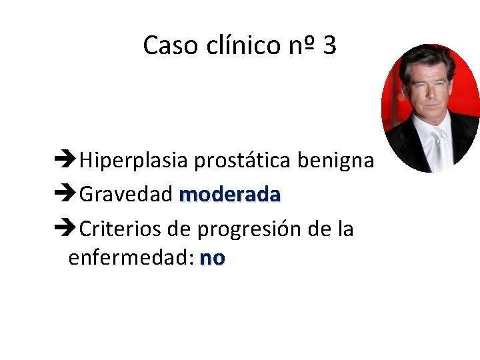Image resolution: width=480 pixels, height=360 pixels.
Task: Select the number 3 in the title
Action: click(329, 45)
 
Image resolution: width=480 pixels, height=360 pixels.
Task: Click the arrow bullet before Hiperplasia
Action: click(65, 160)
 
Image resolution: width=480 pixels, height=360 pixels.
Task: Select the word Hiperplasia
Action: click(134, 161)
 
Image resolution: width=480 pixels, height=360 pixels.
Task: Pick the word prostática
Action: click(243, 161)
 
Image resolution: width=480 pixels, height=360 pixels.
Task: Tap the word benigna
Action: click(335, 161)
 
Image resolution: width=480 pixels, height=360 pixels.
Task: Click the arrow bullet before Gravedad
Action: click(65, 195)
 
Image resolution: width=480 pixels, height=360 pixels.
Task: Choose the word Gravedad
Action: click(127, 195)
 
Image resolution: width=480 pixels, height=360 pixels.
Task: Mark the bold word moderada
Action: click(230, 195)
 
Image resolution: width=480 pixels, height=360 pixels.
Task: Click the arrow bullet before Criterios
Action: click(65, 229)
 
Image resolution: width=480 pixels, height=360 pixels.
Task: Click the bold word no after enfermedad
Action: click(213, 258)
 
